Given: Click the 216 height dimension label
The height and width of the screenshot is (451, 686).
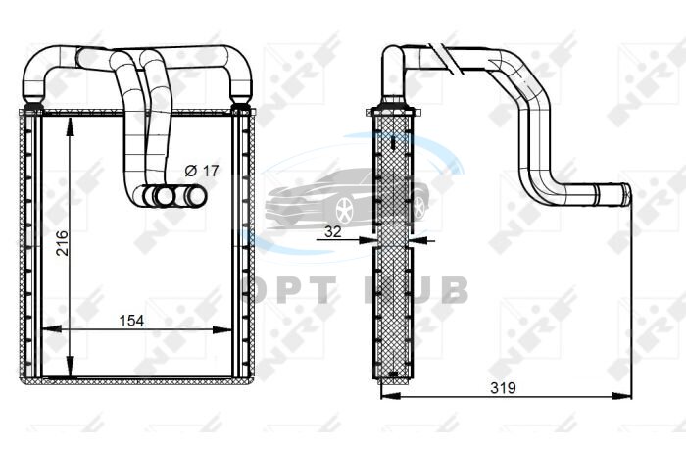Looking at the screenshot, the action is point(63,243).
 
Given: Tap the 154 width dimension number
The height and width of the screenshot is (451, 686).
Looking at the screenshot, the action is point(131,321).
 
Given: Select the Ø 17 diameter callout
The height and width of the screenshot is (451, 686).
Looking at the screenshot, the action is point(201,171).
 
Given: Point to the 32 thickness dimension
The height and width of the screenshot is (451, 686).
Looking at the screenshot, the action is point(332,231).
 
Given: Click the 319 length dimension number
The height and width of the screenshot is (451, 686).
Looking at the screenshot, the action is point(503,388).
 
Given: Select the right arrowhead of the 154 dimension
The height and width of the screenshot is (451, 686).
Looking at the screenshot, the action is point(221,329).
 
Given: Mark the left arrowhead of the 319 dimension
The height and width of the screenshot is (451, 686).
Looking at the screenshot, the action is point(391,396).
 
